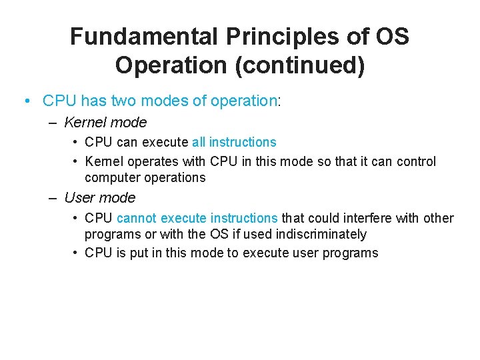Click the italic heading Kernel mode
(x=105, y=123)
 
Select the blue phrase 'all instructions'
(x=234, y=142)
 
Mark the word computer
(x=109, y=177)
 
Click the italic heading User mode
(x=99, y=198)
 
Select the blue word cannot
(x=137, y=218)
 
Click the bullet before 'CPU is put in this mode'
(x=77, y=253)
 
